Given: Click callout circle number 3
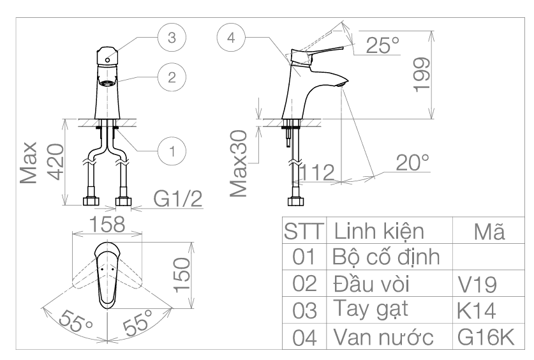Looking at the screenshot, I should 170,38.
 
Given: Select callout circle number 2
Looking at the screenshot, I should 171,77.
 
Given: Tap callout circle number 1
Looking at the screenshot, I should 171,151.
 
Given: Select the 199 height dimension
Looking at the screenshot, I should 420,75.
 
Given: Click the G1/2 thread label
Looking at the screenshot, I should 178,200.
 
